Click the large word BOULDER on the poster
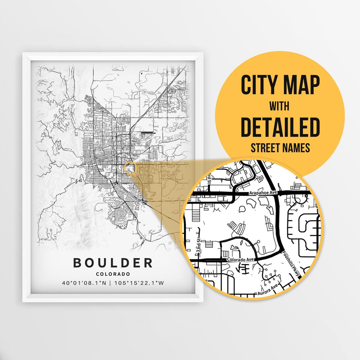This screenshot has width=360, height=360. tap(113, 263)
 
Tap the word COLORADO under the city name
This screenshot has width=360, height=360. tap(113, 274)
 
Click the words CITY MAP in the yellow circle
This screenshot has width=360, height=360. tap(280, 85)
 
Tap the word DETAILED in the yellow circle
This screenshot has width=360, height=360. tap(280, 127)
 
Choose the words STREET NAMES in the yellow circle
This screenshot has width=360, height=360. tap(280, 148)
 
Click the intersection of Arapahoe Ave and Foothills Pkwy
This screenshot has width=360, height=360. tap(277, 193)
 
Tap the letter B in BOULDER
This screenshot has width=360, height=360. tap(78, 263)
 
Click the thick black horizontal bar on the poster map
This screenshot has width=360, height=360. tap(148, 132)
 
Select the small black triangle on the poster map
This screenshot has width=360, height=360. tap(142, 72)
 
